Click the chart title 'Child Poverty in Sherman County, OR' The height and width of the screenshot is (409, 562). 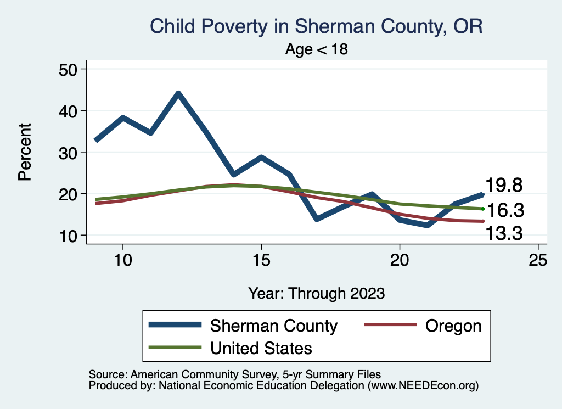click(316, 26)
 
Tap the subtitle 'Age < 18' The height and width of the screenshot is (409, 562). click(316, 49)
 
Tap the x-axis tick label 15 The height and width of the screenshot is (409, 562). click(261, 260)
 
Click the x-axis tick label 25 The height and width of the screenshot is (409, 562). click(538, 260)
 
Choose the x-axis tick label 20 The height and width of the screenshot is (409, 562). click(400, 260)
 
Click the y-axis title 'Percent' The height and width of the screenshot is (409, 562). click(24, 152)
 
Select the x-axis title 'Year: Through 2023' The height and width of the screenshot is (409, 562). click(316, 293)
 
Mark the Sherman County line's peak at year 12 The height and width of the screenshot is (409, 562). click(178, 94)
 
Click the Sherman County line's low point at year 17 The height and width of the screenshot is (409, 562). click(317, 219)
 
